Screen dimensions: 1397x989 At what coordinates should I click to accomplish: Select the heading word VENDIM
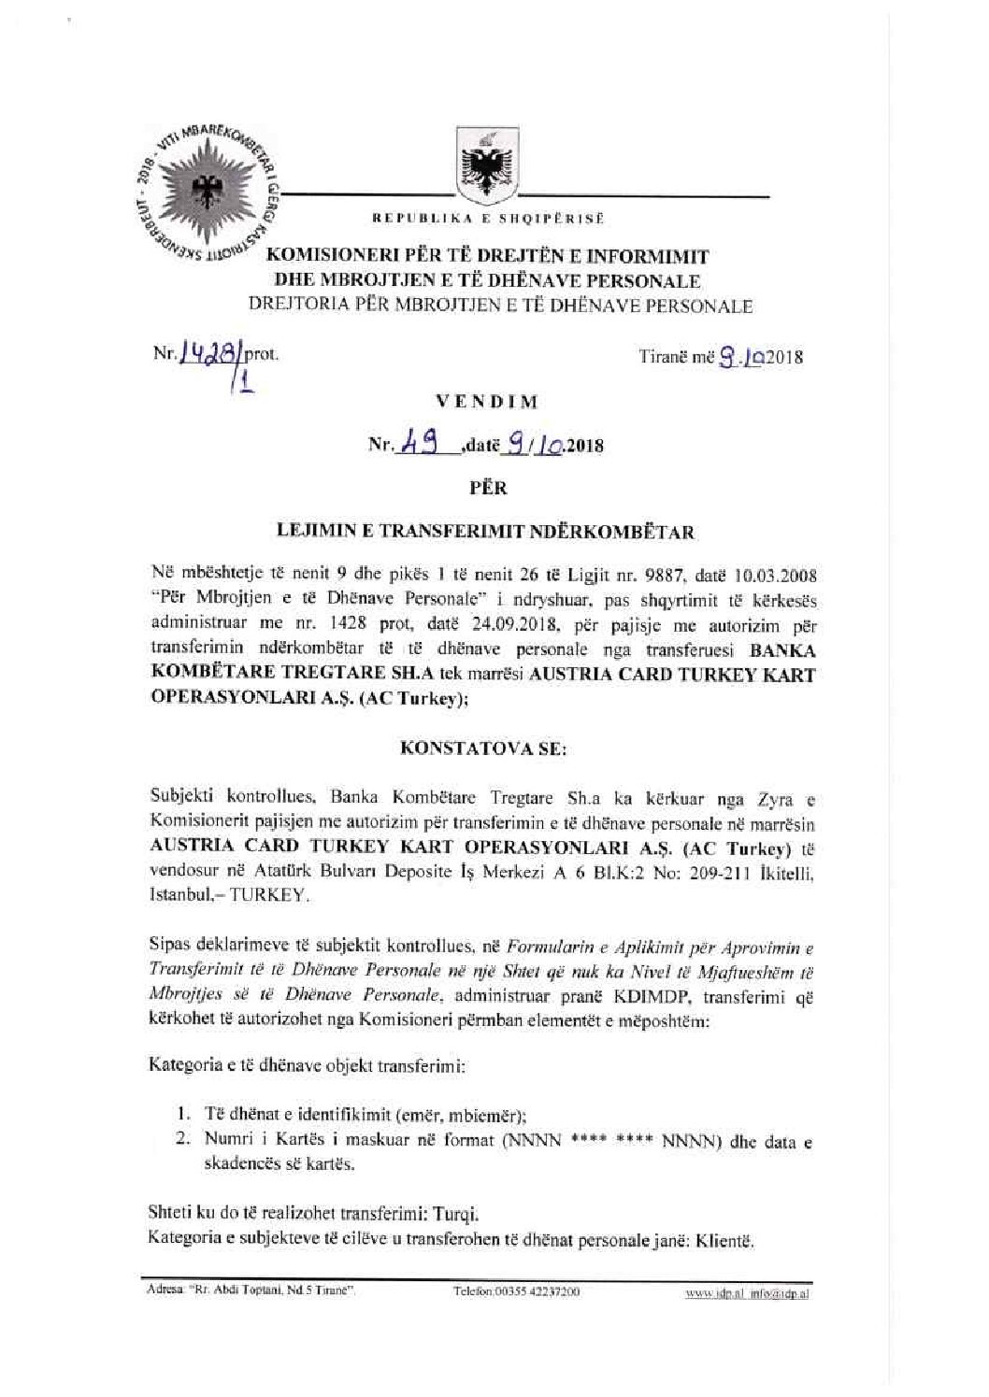[487, 403]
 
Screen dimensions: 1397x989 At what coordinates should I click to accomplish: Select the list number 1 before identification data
[182, 1115]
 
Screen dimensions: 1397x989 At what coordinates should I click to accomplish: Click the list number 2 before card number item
[182, 1140]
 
